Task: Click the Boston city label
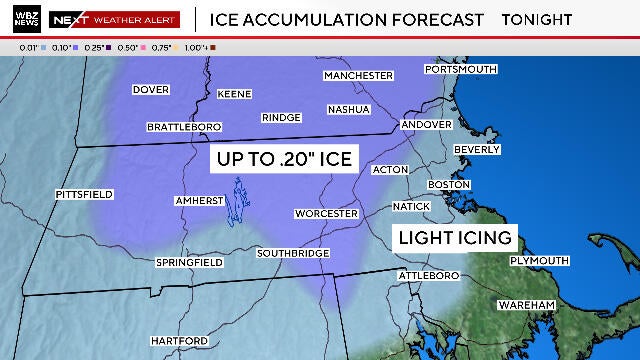448,185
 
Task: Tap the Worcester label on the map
326,214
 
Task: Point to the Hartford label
179,341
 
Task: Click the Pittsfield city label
85,192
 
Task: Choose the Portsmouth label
460,69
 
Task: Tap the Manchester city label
357,75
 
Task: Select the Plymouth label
539,260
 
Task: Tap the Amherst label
198,201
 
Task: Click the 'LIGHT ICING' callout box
455,238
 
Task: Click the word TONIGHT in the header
536,19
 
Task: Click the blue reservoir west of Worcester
238,204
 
